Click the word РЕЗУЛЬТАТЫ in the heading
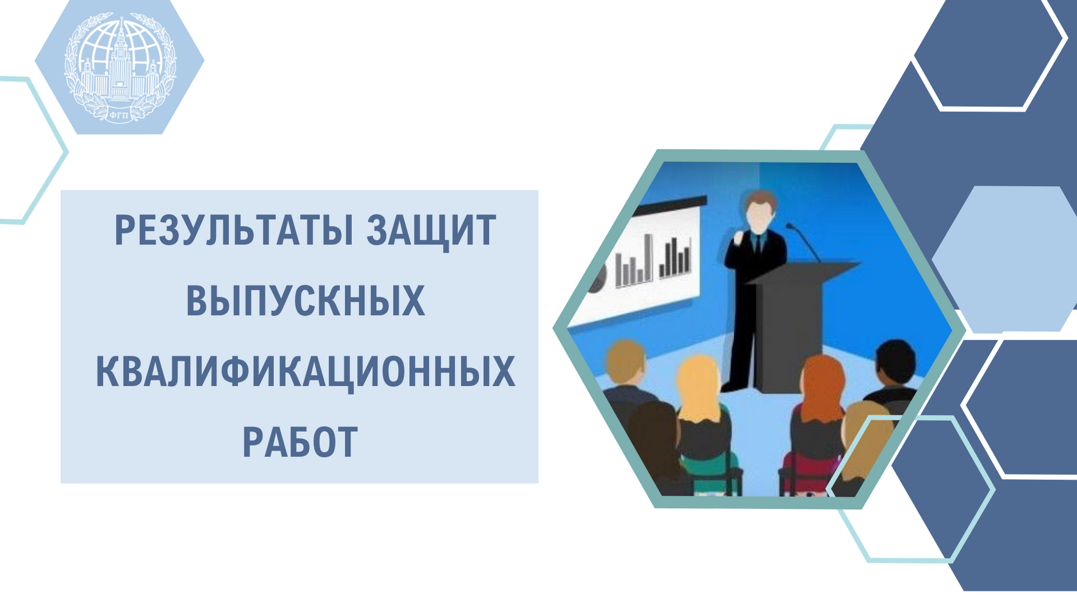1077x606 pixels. tap(233, 231)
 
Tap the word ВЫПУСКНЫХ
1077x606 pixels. tap(305, 301)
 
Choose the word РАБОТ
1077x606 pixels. tap(300, 441)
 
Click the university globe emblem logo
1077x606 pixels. tap(120, 67)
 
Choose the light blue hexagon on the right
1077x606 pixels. tap(1005, 259)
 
